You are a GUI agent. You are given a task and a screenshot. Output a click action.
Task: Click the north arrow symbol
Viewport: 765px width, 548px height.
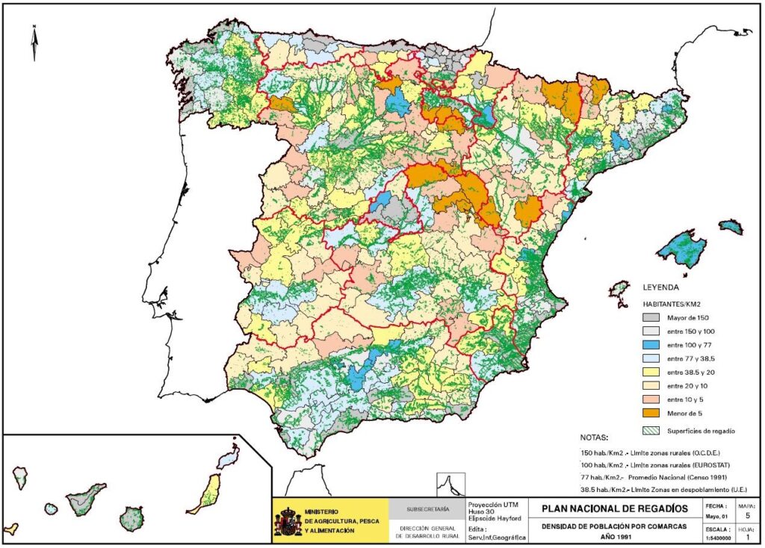coord(34,43)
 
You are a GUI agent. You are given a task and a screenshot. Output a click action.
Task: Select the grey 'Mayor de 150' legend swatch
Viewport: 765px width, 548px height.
coord(653,317)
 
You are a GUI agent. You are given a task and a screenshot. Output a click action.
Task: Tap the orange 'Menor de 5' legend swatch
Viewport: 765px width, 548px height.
coord(653,412)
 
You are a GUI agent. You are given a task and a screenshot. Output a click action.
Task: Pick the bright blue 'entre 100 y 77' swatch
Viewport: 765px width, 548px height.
coord(653,344)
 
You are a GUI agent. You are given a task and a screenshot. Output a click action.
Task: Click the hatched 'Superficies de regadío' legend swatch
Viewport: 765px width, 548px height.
coord(653,431)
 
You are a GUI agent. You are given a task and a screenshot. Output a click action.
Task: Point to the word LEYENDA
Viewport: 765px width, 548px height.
coord(660,287)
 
